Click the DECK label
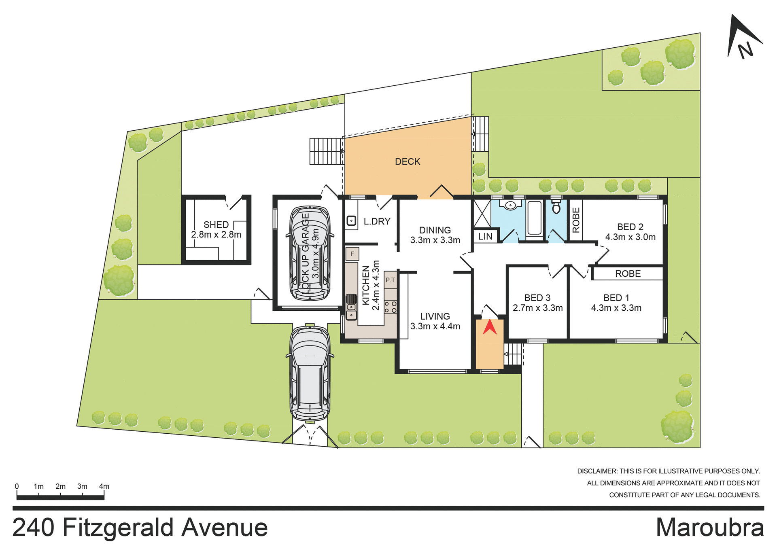click(408, 162)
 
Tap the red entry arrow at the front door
click(490, 327)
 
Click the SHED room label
click(216, 225)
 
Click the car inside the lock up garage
click(310, 253)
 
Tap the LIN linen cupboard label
click(485, 237)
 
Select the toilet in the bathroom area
click(556, 206)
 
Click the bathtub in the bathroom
click(535, 218)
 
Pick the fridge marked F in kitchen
click(352, 254)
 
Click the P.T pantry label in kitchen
click(390, 280)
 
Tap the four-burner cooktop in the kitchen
click(391, 307)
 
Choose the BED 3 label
click(537, 298)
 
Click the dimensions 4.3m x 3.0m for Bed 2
click(630, 237)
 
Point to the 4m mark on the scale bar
click(104, 487)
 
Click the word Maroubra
click(710, 528)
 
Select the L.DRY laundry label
click(377, 222)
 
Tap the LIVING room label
click(435, 316)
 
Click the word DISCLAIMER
click(597, 471)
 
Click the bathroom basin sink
click(510, 206)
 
